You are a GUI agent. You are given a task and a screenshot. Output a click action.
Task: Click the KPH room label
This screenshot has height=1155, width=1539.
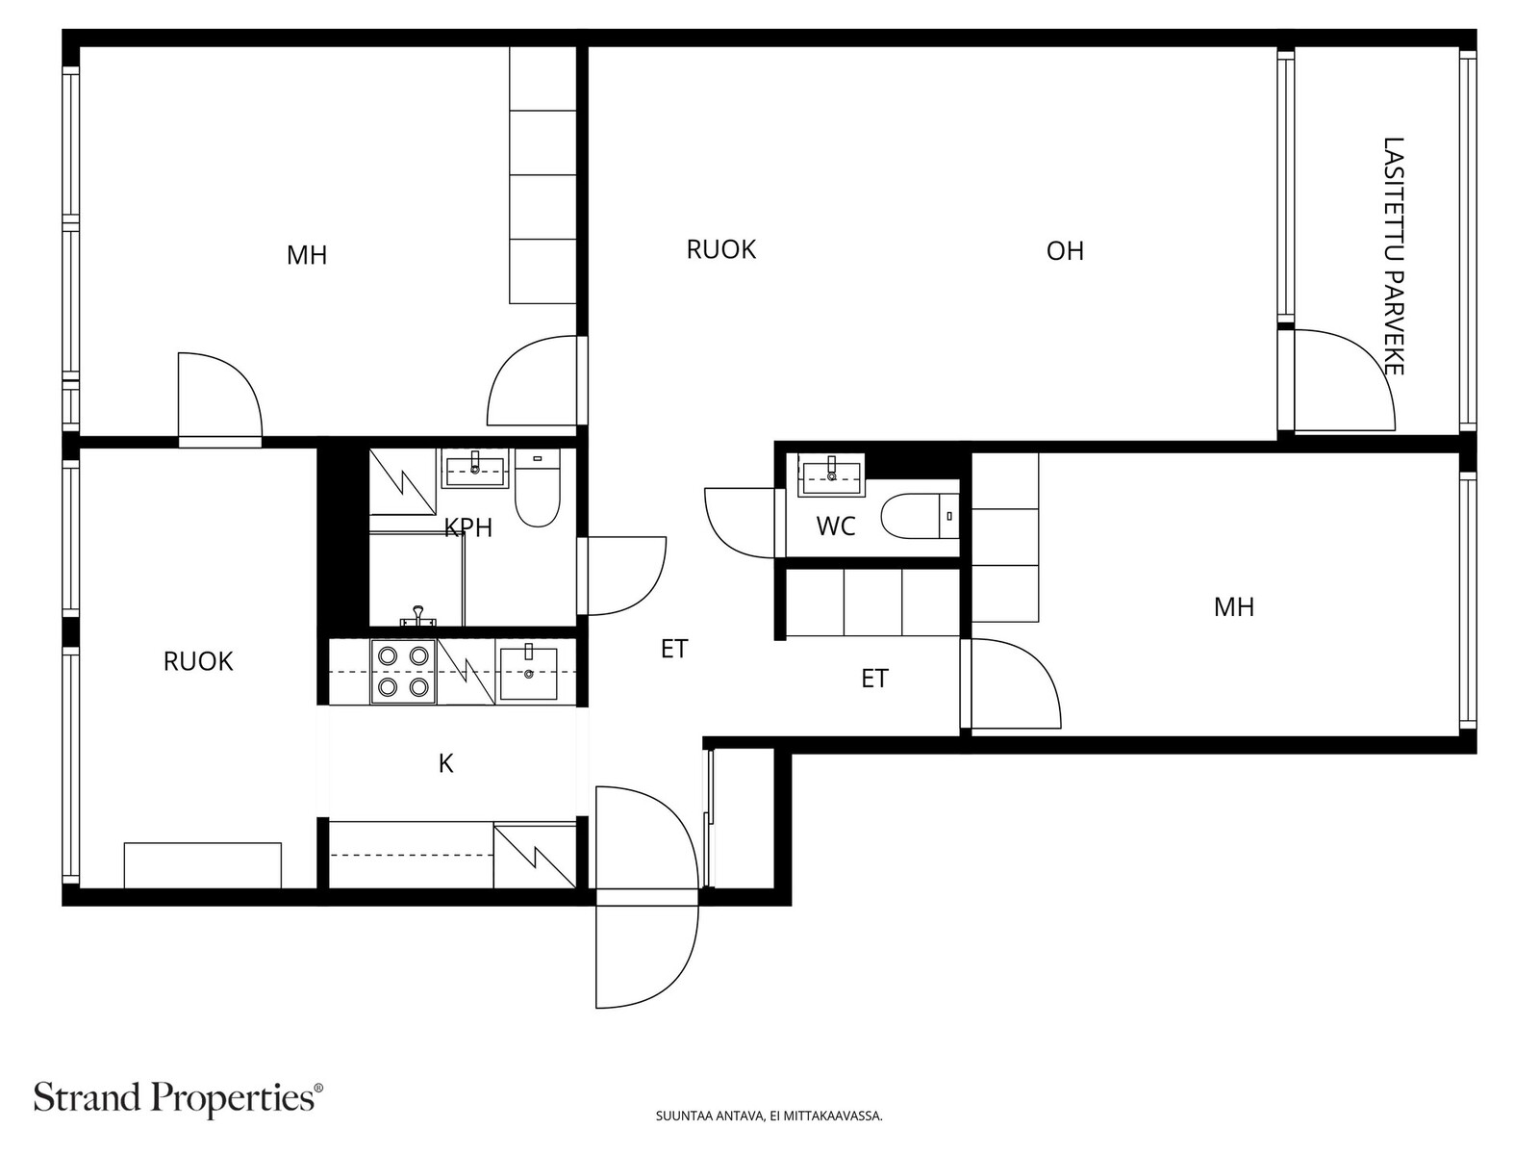[468, 527]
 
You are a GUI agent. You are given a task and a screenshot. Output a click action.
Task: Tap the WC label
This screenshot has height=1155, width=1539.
[836, 526]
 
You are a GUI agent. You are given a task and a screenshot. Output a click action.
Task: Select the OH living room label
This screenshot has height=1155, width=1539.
[1065, 251]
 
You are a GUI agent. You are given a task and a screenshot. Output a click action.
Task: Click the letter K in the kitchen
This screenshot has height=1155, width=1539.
[446, 763]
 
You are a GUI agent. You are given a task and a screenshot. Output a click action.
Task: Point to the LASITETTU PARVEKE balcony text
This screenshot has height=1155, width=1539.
[1394, 256]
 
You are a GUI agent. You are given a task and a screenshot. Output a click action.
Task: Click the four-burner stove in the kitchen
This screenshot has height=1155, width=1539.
[403, 672]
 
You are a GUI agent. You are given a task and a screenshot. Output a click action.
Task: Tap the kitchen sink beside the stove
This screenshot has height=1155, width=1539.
[529, 673]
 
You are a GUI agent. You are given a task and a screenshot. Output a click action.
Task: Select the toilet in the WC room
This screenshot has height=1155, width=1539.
[920, 516]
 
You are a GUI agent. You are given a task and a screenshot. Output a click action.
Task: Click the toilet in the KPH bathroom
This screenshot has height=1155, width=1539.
[538, 488]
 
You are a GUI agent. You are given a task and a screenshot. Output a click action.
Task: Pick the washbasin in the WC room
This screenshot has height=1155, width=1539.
[832, 475]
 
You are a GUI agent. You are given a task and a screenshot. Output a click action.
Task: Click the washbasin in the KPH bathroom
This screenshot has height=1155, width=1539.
[474, 469]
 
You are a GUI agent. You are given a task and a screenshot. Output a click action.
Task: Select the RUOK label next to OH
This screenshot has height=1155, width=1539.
[720, 249]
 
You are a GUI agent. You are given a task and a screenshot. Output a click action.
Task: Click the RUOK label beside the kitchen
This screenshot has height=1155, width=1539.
[198, 661]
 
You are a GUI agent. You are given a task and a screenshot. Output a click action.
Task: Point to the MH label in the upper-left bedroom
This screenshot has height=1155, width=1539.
[307, 255]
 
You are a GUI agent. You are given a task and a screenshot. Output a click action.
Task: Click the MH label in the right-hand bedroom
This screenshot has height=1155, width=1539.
[1234, 607]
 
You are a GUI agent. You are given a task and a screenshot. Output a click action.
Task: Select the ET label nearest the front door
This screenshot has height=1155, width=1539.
[674, 650]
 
